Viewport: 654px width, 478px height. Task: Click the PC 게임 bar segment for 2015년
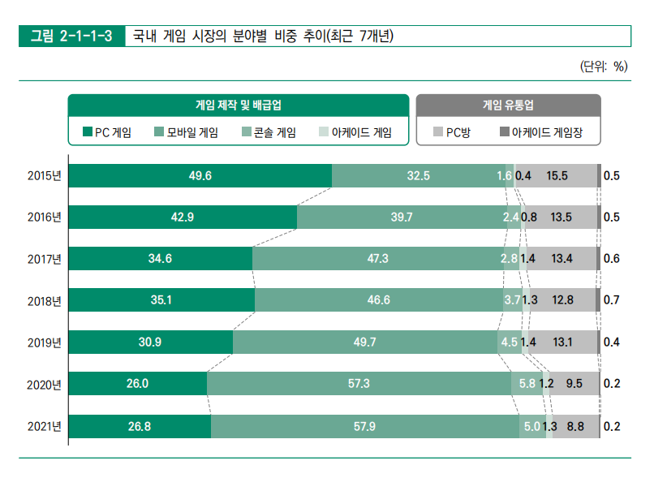(200, 175)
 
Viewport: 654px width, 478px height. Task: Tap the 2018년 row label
(44, 301)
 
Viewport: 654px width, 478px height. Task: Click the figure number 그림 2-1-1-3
(71, 37)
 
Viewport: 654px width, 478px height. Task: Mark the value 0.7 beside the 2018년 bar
(612, 300)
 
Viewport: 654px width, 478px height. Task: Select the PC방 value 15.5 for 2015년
(557, 175)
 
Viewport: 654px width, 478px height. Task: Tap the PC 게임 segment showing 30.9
(150, 342)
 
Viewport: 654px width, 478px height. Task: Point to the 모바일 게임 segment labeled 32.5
(419, 175)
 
